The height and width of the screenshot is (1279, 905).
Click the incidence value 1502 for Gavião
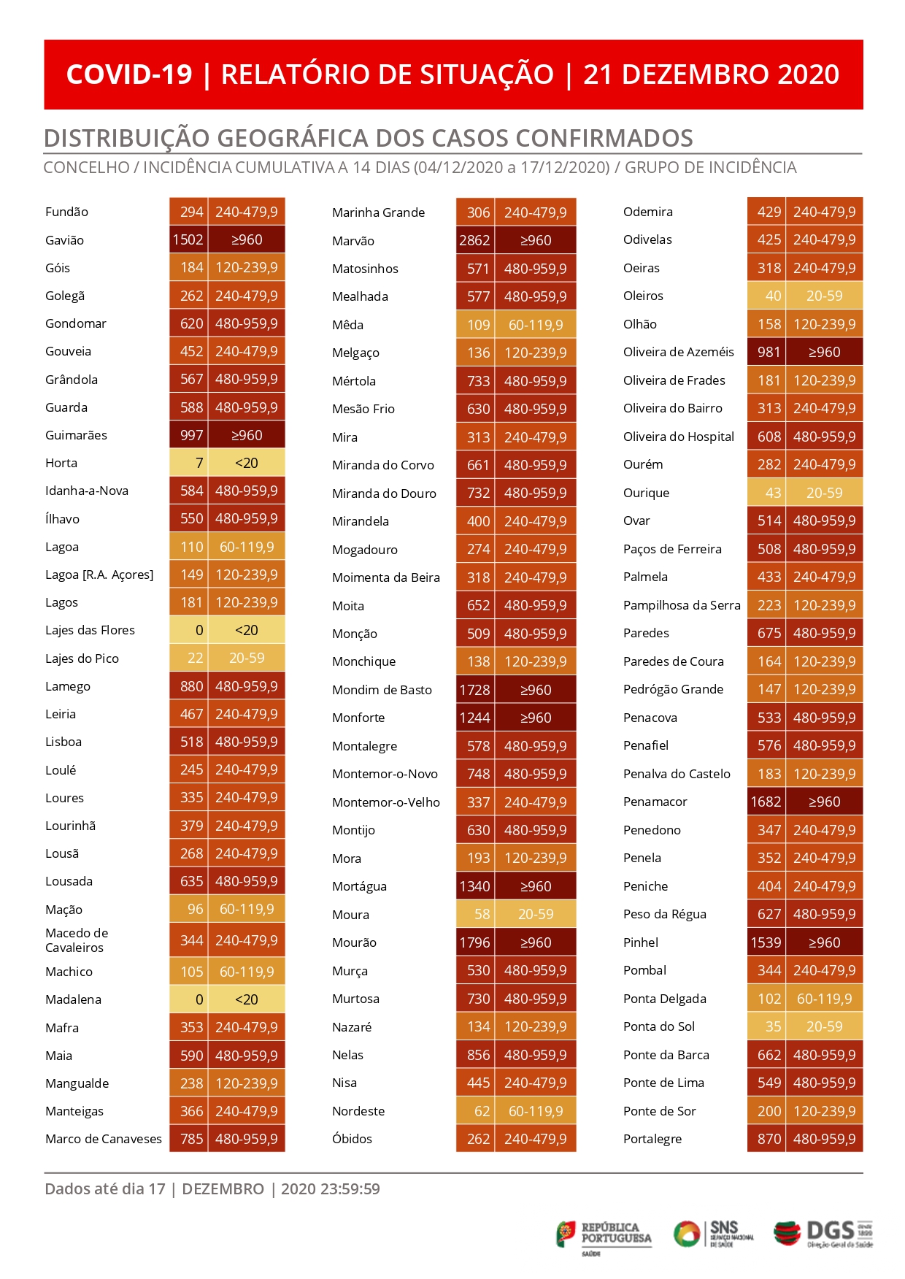[188, 239]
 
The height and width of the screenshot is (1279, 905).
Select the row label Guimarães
[76, 435]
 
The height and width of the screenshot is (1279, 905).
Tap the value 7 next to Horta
[199, 463]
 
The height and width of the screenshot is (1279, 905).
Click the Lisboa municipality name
[63, 742]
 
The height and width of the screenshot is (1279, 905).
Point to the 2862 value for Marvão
[474, 240]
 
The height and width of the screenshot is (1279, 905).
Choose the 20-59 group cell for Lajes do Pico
[247, 658]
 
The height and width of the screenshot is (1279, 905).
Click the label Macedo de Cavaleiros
[77, 940]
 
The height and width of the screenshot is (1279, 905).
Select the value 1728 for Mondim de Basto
[474, 690]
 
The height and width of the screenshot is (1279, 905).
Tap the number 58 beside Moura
[482, 915]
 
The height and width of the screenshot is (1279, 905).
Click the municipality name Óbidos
[352, 1139]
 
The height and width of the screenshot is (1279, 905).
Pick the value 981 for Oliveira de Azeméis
[769, 352]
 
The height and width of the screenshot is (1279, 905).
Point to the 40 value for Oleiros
[773, 296]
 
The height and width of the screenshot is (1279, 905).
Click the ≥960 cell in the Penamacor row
[824, 802]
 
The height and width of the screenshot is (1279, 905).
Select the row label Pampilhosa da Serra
[682, 605]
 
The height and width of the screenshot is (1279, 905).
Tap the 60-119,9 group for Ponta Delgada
[824, 999]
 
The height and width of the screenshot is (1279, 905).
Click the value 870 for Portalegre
[769, 1139]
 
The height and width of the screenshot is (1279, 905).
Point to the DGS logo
[823, 1234]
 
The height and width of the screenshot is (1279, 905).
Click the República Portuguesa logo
[604, 1237]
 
